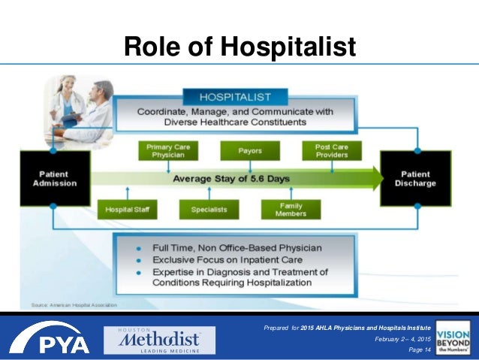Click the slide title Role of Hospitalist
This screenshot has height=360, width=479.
pyautogui.click(x=239, y=46)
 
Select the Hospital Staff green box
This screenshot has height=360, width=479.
pyautogui.click(x=127, y=208)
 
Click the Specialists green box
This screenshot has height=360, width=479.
pyautogui.click(x=208, y=208)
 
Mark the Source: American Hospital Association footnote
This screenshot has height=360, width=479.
pyautogui.click(x=74, y=304)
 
